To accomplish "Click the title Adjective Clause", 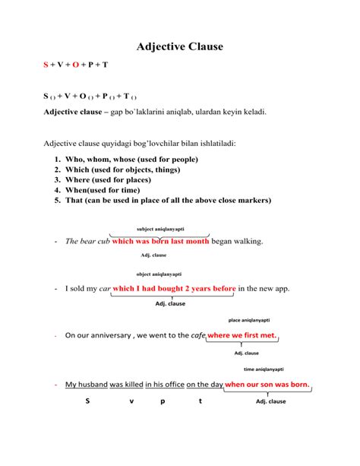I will (180, 46).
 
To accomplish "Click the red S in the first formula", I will (46, 65).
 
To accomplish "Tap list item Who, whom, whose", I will (126, 160).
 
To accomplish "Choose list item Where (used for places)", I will (118, 180).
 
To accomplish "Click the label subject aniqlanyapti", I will (160, 229).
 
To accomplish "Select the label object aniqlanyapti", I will (159, 274).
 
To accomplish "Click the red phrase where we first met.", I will (242, 334).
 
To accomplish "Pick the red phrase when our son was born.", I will (267, 385).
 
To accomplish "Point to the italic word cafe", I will (198, 335).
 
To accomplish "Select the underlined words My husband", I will (86, 385).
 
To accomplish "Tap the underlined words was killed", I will (126, 385).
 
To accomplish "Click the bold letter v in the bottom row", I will (131, 401).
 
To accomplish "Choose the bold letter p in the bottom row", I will (163, 401).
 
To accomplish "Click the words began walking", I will (237, 241).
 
